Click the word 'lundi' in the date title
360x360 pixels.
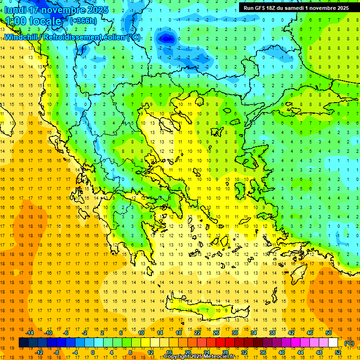(14, 9)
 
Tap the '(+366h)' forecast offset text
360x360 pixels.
(83, 21)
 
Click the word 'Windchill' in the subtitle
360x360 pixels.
(23, 37)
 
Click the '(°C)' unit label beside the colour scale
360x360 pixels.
(349, 343)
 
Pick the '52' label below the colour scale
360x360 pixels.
(338, 352)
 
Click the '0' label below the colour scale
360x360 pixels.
(92, 352)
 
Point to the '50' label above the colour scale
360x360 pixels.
(328, 333)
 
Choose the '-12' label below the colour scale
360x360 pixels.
(39, 352)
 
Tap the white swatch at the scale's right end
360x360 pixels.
(333, 343)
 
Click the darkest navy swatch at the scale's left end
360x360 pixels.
(23, 343)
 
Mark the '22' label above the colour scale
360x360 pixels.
(197, 333)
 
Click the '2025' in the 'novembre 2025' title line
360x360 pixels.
(94, 9)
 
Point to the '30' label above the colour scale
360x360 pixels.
(235, 333)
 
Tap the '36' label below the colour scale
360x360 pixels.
(263, 352)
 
